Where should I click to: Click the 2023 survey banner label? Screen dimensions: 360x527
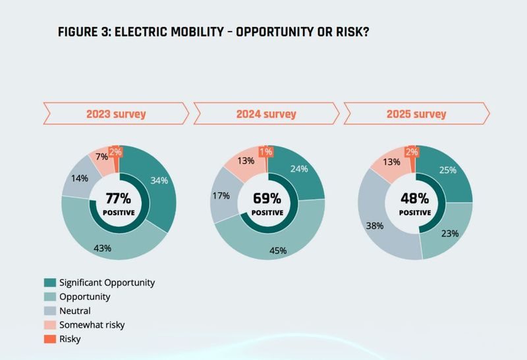pyautogui.click(x=116, y=114)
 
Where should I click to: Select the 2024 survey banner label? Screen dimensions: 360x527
pyautogui.click(x=266, y=114)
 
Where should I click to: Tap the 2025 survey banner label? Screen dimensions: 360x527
pyautogui.click(x=416, y=114)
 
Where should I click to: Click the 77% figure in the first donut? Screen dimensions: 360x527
pyautogui.click(x=119, y=199)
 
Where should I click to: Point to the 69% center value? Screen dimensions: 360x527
pyautogui.click(x=267, y=199)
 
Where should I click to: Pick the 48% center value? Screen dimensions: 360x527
pyautogui.click(x=415, y=199)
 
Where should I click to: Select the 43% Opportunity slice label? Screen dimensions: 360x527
pyautogui.click(x=103, y=248)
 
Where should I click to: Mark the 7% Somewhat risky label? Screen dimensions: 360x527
pyautogui.click(x=101, y=157)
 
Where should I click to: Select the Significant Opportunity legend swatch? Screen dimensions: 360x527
pyautogui.click(x=50, y=283)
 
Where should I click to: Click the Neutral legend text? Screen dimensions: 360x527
pyautogui.click(x=75, y=311)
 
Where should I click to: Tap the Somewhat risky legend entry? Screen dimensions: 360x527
pyautogui.click(x=92, y=325)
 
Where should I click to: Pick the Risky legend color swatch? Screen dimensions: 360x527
pyautogui.click(x=50, y=339)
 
